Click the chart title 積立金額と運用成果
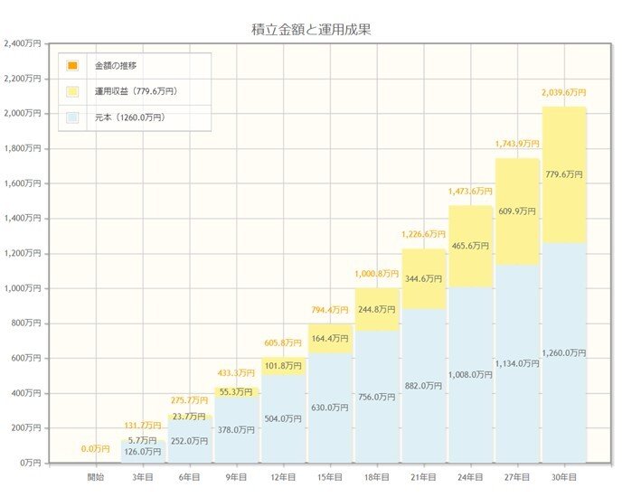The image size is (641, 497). (311, 30)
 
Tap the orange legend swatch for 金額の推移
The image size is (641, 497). (72, 66)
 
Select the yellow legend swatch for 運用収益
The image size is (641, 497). (72, 91)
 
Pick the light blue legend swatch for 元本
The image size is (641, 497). (72, 117)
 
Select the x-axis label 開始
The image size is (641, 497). (96, 475)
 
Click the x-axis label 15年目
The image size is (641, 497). (330, 475)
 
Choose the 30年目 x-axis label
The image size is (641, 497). (565, 475)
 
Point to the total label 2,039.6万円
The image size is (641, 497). (564, 92)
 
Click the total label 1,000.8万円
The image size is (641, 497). (377, 272)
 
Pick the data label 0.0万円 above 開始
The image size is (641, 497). (96, 448)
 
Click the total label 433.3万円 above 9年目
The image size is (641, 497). (236, 372)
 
